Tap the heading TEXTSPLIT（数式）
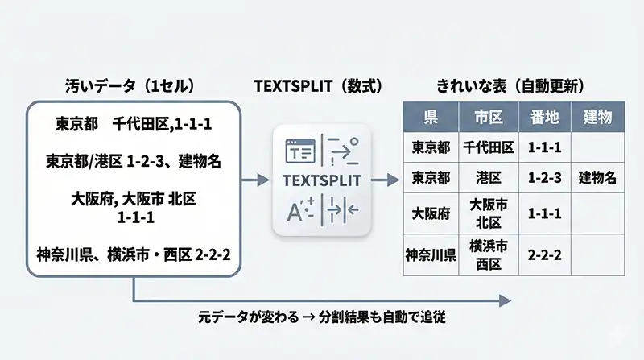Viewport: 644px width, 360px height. [x=318, y=85]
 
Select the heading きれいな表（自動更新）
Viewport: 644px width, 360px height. [x=510, y=85]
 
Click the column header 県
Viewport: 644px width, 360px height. [x=431, y=118]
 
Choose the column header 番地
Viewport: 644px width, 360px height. [x=545, y=118]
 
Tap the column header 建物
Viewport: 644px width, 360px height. [x=597, y=118]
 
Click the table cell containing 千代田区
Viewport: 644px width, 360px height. [x=488, y=147]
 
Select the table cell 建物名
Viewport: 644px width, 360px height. [x=597, y=177]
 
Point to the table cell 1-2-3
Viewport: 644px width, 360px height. [x=545, y=177]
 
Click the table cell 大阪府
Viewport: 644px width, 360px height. [x=431, y=213]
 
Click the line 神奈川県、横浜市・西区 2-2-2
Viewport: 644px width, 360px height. [x=133, y=254]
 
